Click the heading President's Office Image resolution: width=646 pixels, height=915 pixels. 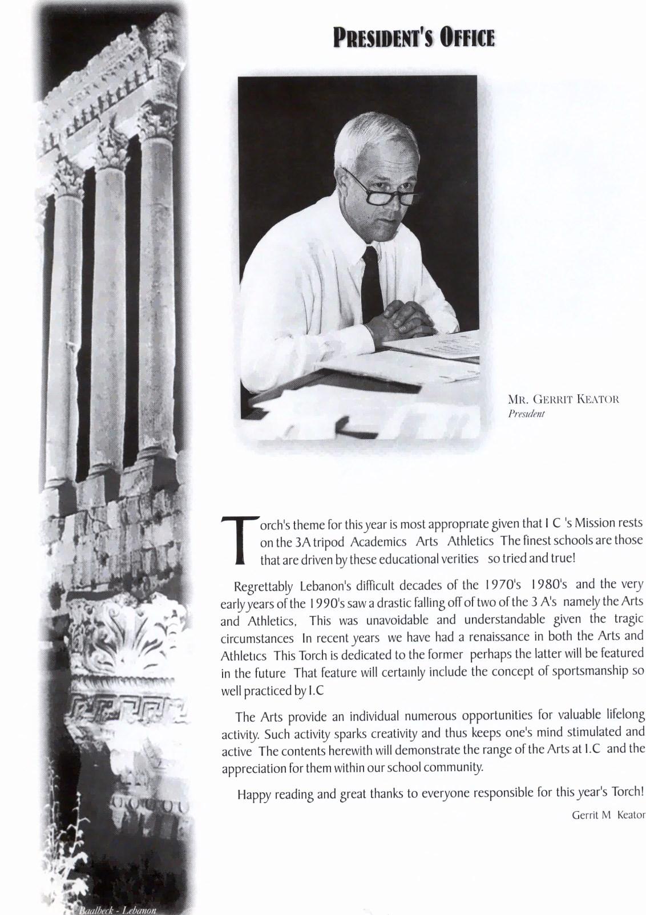[414, 38]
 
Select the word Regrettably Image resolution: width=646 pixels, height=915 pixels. [263, 586]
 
